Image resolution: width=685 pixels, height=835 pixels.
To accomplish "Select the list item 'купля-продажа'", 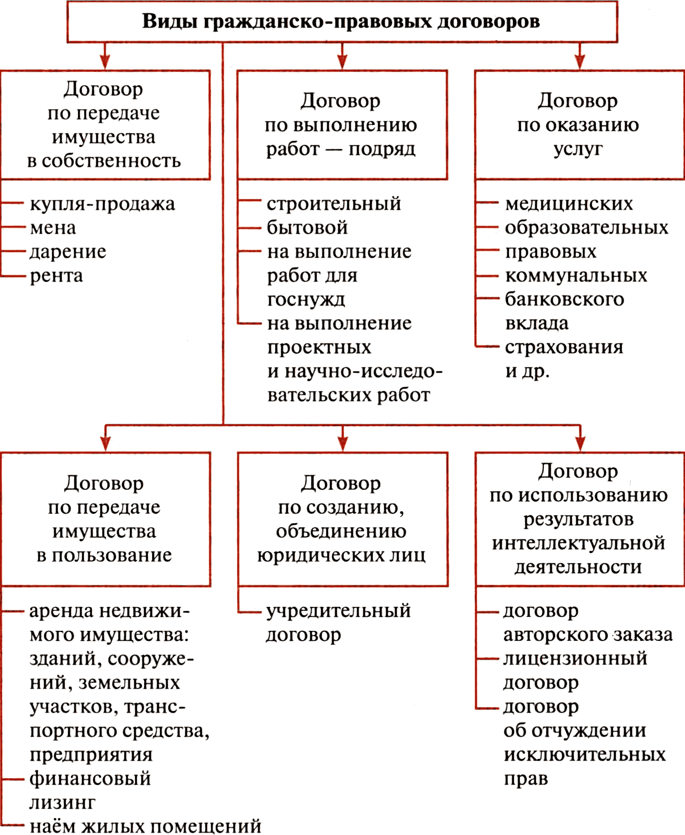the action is tap(102, 204).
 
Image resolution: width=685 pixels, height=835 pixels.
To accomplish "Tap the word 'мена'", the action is tap(53, 228).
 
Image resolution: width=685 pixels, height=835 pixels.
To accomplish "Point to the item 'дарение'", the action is tap(68, 252).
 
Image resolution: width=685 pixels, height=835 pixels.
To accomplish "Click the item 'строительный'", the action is tap(334, 204).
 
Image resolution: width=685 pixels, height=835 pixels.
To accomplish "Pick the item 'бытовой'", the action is tap(307, 227).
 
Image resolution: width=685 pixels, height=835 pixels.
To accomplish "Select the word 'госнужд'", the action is tap(306, 300).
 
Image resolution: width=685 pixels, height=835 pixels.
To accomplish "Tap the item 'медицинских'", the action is tap(568, 204).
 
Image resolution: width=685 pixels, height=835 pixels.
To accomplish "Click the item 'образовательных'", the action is tap(587, 228).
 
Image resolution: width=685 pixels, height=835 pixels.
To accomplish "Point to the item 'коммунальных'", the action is tap(576, 275).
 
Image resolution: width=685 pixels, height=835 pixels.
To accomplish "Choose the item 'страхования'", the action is tap(564, 348).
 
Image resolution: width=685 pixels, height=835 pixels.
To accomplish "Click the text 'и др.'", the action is tap(527, 371).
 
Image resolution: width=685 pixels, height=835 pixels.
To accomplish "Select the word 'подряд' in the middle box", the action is tap(382, 149).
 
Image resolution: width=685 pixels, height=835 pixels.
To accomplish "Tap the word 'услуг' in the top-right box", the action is tap(578, 149).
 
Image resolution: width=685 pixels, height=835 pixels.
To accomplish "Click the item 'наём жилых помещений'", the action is tap(145, 826).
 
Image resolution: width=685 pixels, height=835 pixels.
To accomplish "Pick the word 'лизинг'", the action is tap(62, 803).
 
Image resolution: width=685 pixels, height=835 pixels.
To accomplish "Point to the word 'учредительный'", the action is tap(338, 611).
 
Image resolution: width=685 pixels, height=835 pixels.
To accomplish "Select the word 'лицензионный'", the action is tap(575, 659).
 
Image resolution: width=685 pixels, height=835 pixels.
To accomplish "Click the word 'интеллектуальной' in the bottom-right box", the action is tap(578, 543).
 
